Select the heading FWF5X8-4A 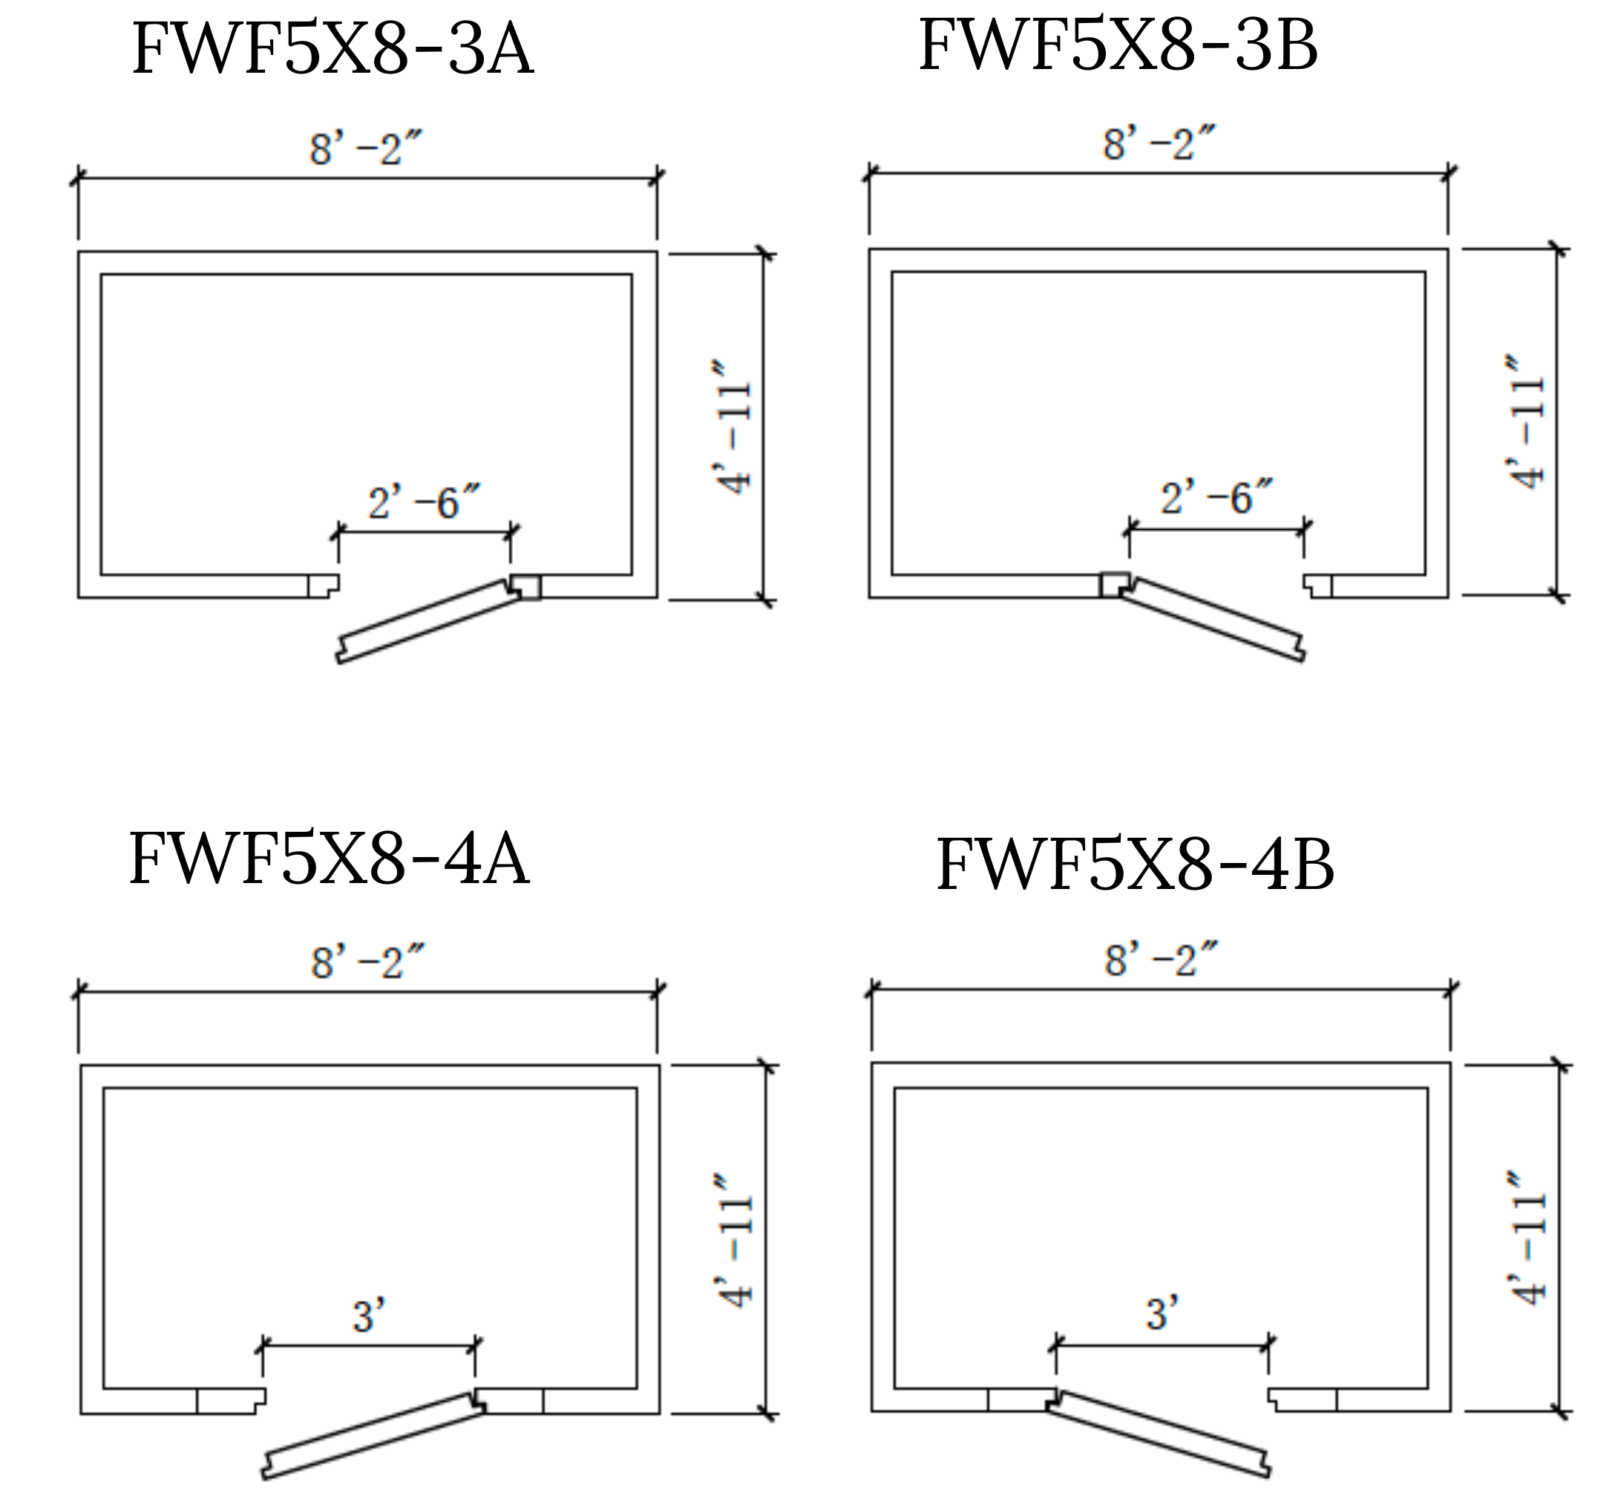329,858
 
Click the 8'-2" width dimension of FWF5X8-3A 366,149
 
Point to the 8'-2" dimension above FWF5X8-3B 1159,144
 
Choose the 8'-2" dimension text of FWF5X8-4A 367,962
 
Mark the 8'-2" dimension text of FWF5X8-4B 1161,960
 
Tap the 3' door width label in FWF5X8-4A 368,1316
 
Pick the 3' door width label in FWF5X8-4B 1162,1313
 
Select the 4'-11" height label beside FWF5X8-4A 735,1239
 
